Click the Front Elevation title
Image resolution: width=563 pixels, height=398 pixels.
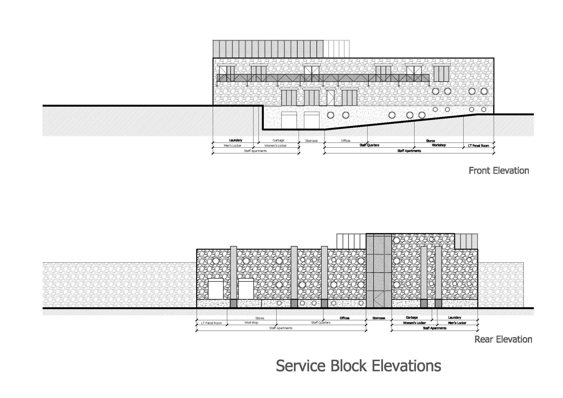(499, 171)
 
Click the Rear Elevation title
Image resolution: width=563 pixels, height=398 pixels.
(503, 339)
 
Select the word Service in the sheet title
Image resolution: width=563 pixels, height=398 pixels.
(301, 366)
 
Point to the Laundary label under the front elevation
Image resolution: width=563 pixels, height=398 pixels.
(236, 140)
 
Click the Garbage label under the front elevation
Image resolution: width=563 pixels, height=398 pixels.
(278, 140)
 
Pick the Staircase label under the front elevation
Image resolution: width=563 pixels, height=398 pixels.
(311, 141)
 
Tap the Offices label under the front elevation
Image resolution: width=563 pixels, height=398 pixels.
(346, 141)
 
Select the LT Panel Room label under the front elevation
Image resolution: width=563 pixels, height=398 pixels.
(479, 146)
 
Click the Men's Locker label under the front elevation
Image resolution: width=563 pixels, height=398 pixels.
(233, 146)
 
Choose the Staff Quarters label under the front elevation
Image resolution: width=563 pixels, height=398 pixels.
(369, 145)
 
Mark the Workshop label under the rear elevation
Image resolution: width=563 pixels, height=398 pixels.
(251, 323)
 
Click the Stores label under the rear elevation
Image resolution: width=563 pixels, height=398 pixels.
(260, 318)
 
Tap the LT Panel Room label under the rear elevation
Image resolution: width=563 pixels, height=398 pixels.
(211, 323)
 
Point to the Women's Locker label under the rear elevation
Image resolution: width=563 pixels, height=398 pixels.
(414, 323)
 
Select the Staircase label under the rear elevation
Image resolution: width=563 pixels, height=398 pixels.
(379, 318)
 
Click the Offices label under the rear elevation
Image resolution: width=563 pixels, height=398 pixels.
(345, 318)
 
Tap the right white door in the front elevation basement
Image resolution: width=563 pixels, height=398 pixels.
(312, 120)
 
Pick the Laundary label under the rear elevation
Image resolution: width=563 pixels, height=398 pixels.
(455, 317)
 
